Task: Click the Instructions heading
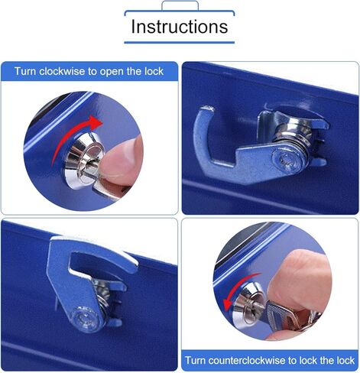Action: [x=179, y=26]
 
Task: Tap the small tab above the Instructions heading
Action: [x=179, y=5]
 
